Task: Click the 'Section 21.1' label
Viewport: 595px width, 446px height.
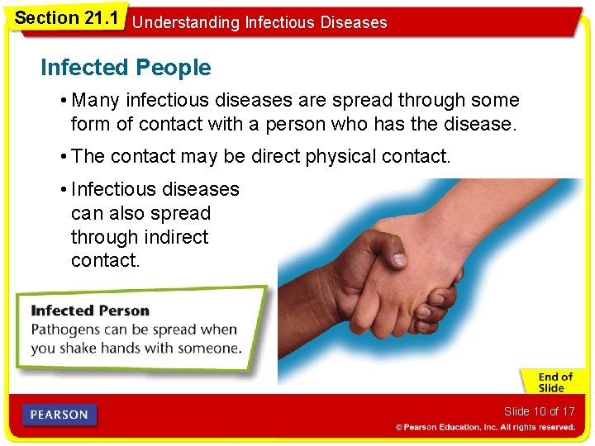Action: point(65,17)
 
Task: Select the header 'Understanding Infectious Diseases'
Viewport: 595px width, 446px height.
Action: point(259,22)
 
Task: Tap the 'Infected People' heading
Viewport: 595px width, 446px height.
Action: point(126,68)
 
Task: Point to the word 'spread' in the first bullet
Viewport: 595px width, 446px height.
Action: point(363,101)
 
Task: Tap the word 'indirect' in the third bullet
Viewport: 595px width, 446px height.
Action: point(175,237)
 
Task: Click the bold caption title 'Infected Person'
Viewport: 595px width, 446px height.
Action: point(90,311)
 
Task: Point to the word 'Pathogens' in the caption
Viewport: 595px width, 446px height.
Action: point(65,330)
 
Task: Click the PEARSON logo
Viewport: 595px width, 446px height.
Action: point(59,415)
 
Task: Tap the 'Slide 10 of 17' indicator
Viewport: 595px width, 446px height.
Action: point(539,411)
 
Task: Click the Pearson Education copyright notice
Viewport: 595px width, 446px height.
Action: point(485,427)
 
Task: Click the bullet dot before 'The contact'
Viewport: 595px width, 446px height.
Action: point(63,156)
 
